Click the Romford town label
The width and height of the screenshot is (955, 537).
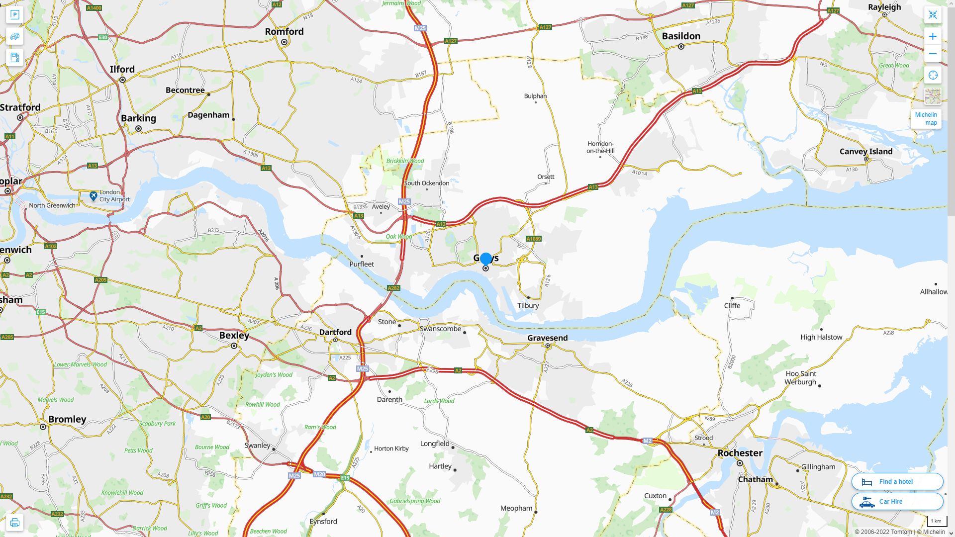click(284, 32)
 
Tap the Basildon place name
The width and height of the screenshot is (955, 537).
click(681, 36)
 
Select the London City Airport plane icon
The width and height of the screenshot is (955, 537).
click(94, 196)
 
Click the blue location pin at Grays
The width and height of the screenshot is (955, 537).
click(486, 259)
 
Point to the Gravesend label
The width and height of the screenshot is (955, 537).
click(547, 338)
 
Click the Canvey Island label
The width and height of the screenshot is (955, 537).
click(865, 152)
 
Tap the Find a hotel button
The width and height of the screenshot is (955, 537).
click(897, 481)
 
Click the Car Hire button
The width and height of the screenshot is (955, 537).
click(897, 501)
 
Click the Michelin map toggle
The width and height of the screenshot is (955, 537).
click(926, 118)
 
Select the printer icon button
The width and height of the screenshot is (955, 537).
click(14, 522)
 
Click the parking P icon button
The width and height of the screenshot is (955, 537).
click(14, 15)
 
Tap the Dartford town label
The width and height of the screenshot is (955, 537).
click(335, 332)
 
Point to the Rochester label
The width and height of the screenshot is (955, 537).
click(740, 453)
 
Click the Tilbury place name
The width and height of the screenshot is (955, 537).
click(528, 306)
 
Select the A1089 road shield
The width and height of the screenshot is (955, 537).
click(533, 239)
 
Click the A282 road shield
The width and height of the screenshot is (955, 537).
click(393, 288)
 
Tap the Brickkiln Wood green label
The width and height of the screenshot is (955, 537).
click(405, 161)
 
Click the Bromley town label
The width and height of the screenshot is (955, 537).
click(67, 419)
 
